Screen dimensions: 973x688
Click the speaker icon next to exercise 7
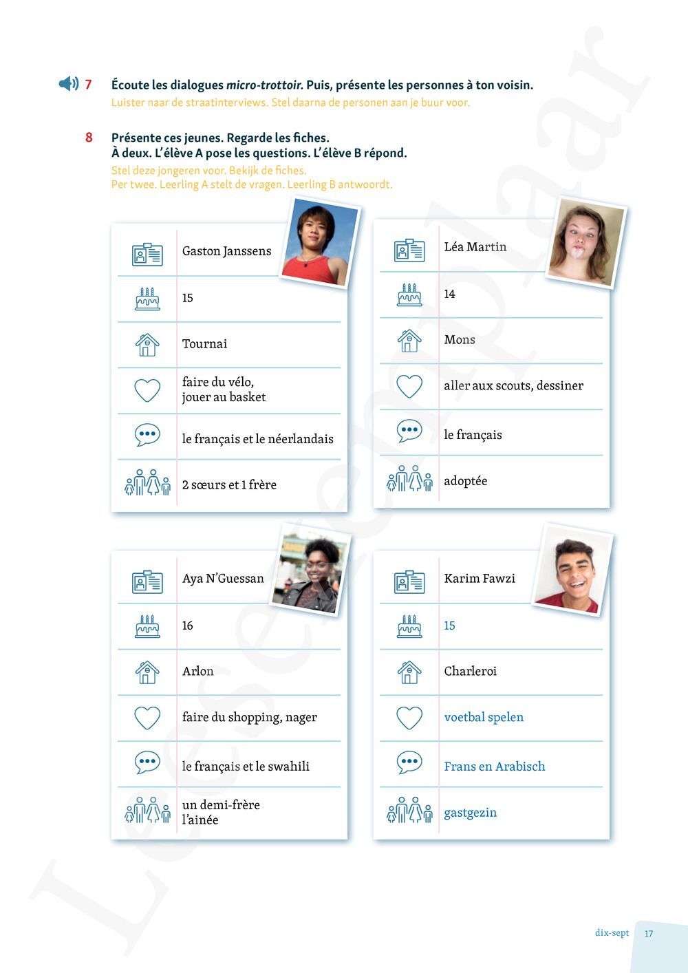tap(68, 84)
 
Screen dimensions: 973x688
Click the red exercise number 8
tap(89, 138)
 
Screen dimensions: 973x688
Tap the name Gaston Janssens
tap(226, 251)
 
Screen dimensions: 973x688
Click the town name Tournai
tap(204, 343)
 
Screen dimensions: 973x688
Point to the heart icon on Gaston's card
tap(147, 390)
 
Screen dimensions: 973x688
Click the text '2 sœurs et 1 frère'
tap(229, 484)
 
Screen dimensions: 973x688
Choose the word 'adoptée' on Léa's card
tap(465, 480)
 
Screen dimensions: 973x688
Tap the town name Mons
tap(459, 339)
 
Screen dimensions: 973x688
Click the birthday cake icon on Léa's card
tap(409, 295)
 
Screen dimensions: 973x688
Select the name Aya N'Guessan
tap(223, 579)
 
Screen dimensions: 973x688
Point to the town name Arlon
tap(197, 671)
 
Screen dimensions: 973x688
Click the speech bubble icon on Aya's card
tap(147, 762)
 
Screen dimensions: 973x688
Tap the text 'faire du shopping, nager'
tap(249, 717)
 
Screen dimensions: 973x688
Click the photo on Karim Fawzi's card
tap(572, 570)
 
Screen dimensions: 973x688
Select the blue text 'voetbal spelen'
tap(484, 717)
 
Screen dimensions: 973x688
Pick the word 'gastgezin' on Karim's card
tap(470, 812)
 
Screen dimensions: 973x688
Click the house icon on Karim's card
tap(409, 672)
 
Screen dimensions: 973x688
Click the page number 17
tap(649, 934)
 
